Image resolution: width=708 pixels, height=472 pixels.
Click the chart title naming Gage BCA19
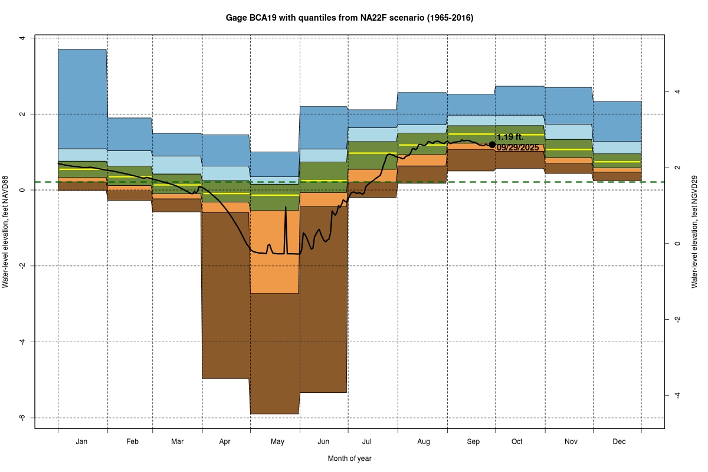click(x=349, y=18)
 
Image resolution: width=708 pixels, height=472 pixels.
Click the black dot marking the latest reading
click(x=492, y=145)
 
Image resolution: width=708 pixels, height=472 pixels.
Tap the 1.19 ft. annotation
click(x=510, y=137)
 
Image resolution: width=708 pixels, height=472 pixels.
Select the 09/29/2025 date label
click(x=517, y=147)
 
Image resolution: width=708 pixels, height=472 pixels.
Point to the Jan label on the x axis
click(x=82, y=441)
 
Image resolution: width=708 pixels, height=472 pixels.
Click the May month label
click(x=277, y=441)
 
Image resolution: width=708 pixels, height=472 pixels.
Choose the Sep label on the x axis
click(x=473, y=441)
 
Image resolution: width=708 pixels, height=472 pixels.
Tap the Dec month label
click(x=619, y=441)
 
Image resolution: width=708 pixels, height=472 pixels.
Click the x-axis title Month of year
click(x=349, y=458)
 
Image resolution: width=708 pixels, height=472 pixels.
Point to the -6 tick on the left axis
click(x=22, y=418)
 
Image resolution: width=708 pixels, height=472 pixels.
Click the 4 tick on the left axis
click(x=22, y=38)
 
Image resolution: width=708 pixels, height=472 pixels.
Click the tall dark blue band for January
click(x=82, y=97)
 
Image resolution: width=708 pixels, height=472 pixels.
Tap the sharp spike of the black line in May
click(x=286, y=208)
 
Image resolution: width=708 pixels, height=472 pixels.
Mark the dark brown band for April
click(x=226, y=295)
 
